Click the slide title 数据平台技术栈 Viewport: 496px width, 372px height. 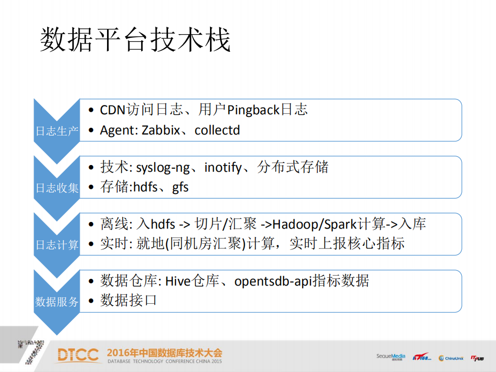point(135,40)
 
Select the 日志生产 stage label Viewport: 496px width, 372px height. point(56,131)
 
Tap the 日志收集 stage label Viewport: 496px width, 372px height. point(56,188)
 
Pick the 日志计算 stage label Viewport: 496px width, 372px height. point(56,245)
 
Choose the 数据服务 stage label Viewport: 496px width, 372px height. point(56,302)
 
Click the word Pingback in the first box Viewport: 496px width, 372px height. point(253,110)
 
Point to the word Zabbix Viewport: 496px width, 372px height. point(160,130)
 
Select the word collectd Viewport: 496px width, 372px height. point(217,130)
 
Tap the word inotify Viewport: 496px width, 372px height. point(223,168)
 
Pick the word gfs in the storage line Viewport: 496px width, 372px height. point(180,187)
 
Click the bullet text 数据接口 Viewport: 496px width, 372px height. point(128,301)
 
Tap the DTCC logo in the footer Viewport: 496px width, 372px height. point(78,355)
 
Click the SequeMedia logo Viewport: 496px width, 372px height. point(390,356)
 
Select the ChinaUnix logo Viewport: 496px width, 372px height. point(450,358)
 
